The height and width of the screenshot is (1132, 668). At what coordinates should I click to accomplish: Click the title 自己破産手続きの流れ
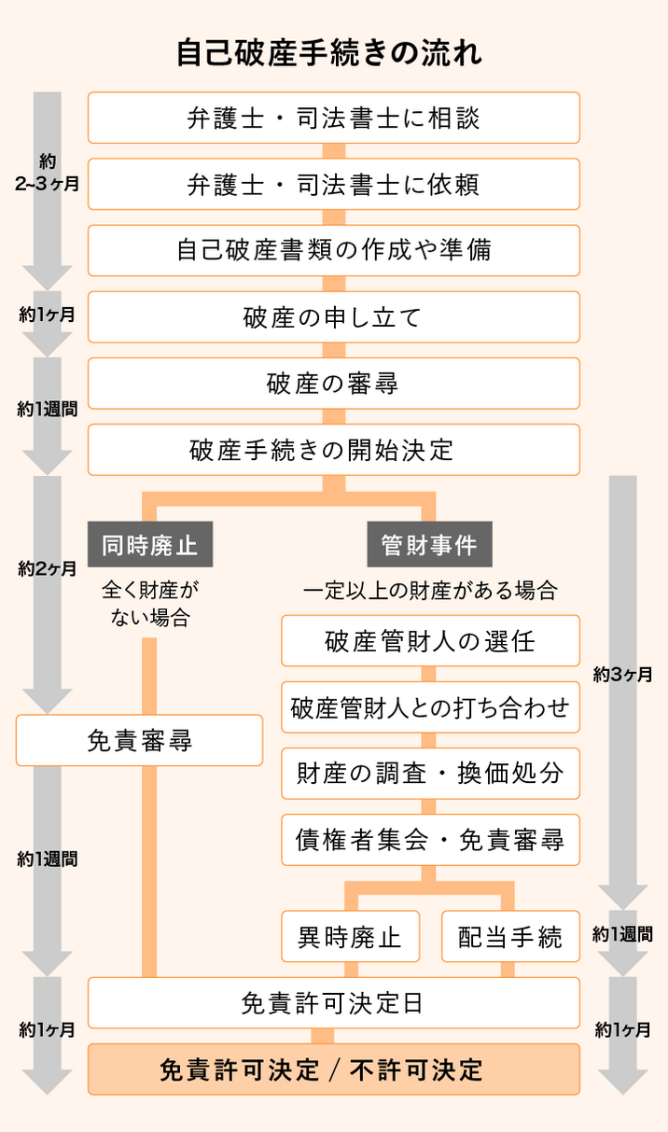329,52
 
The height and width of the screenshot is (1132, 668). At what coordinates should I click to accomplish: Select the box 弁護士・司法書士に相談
334,118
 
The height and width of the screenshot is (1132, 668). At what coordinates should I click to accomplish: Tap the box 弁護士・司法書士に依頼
334,184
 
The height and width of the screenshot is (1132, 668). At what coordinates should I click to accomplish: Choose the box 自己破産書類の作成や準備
334,250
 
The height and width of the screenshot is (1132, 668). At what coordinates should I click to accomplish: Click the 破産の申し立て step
334,317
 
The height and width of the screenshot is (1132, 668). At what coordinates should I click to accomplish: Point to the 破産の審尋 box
334,384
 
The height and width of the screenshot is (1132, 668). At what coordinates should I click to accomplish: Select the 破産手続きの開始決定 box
334,450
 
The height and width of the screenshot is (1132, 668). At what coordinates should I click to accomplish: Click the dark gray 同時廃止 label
150,545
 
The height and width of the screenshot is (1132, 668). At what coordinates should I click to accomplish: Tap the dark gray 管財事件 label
429,545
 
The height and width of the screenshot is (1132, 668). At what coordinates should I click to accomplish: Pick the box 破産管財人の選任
430,641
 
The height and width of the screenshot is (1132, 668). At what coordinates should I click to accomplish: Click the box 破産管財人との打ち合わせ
430,707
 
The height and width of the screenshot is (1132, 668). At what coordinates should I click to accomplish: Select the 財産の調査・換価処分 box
430,774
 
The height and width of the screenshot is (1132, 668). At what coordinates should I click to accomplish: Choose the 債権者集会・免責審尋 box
430,840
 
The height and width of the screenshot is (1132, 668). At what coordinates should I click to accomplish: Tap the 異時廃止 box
350,936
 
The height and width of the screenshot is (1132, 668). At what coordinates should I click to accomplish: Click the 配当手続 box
510,936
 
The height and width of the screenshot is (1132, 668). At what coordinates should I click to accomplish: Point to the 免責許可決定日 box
334,1002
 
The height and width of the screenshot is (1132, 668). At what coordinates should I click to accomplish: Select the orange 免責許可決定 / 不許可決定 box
334,1069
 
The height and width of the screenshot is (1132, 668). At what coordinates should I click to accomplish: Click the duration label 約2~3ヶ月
48,173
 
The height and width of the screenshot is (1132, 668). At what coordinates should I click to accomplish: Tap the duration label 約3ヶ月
622,674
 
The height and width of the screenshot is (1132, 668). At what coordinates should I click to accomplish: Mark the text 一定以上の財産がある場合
430,591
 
